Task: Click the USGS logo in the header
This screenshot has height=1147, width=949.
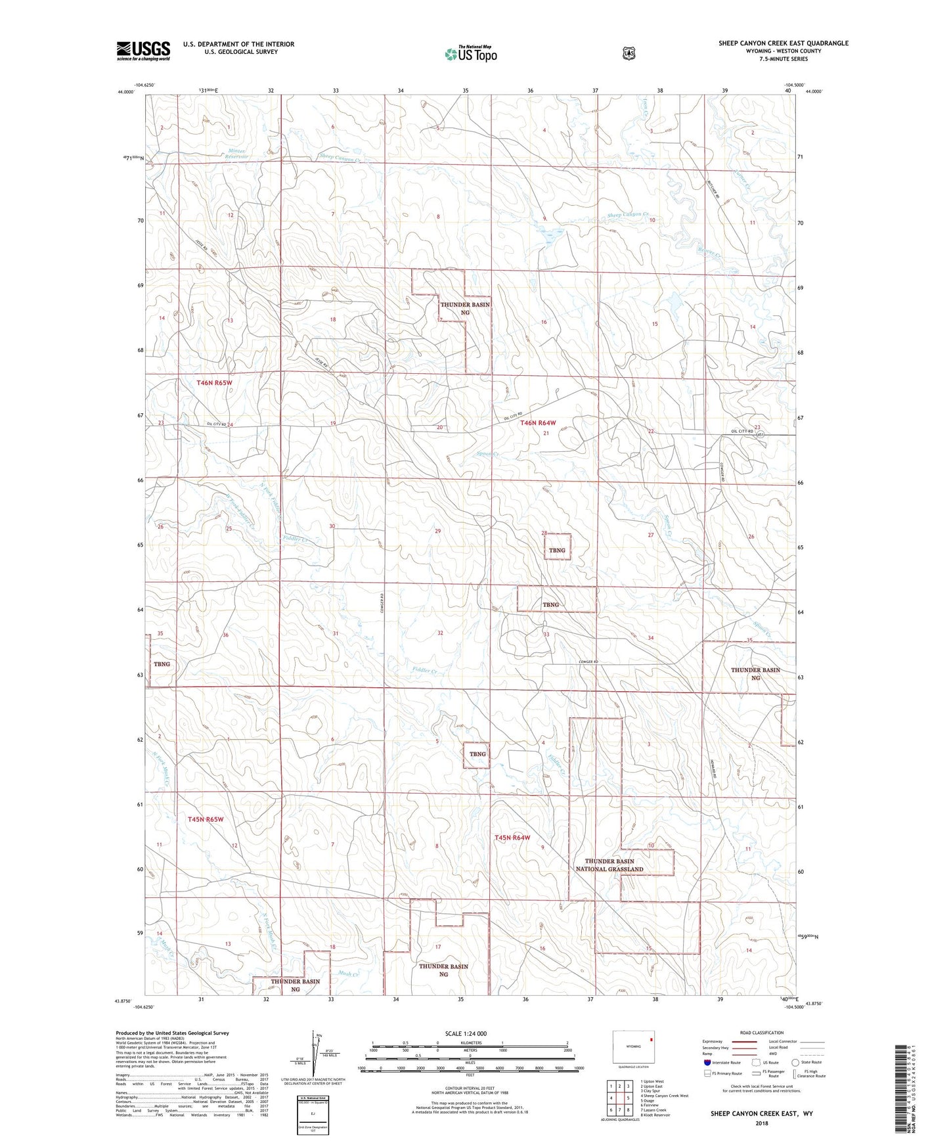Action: point(143,51)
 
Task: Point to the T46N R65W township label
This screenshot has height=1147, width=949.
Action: point(214,382)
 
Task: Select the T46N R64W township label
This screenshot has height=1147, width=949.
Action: point(538,423)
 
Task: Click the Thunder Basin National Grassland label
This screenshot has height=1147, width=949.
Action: point(609,865)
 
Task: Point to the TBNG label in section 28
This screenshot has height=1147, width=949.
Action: point(557,550)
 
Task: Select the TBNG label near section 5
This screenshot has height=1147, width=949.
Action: point(477,753)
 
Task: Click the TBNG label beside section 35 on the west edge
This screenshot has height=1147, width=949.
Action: point(162,663)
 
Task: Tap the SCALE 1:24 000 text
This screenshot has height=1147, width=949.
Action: point(466,1033)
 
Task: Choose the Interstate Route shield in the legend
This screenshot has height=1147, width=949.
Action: point(707,1062)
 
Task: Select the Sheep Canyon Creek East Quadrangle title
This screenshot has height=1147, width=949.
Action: point(783,43)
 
